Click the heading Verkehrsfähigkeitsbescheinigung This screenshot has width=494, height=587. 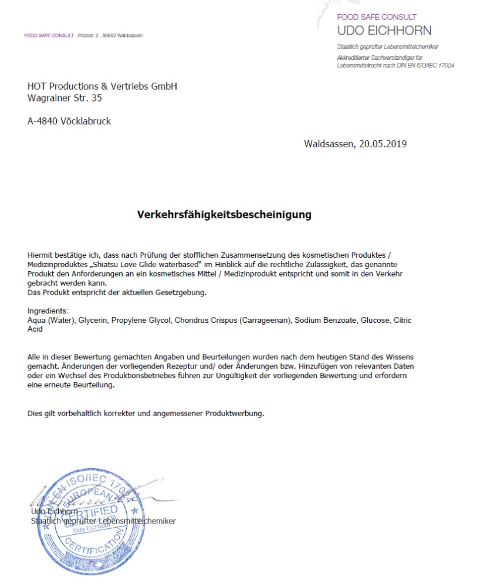[x=224, y=215]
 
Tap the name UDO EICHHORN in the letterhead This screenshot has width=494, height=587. [x=384, y=31]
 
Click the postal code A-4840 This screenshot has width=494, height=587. [x=42, y=122]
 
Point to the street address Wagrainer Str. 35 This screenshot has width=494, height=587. [x=65, y=98]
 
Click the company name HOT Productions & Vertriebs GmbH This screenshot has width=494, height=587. [x=102, y=86]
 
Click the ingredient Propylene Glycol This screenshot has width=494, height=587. [x=144, y=321]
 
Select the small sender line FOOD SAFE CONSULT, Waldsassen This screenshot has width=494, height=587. [x=83, y=36]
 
